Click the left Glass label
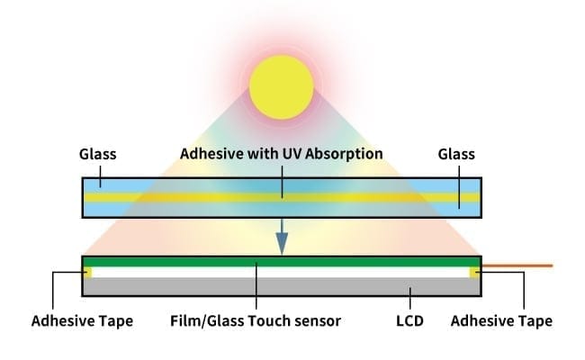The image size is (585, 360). [x=98, y=154]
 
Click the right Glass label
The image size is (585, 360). [x=457, y=154]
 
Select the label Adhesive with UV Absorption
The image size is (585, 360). [x=281, y=154]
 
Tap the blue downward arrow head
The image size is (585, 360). [x=282, y=243]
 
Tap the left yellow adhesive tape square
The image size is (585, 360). [x=86, y=272]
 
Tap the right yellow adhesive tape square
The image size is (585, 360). [x=474, y=272]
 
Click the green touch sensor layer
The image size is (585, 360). [x=281, y=262]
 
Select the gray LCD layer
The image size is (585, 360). [x=281, y=287]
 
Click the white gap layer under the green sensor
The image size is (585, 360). [x=281, y=272]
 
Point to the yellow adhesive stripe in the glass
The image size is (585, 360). [x=180, y=196]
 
